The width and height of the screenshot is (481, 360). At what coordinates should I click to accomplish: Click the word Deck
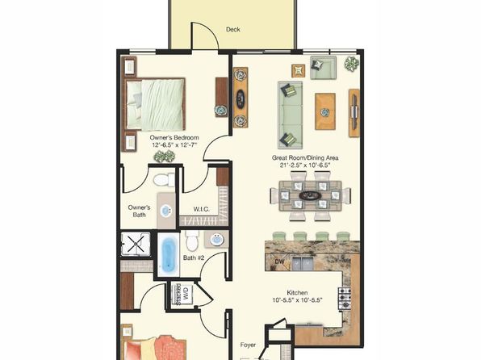click(x=233, y=30)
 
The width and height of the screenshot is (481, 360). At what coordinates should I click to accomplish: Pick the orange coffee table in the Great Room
click(x=324, y=106)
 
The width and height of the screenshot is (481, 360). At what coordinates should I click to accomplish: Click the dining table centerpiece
click(x=307, y=195)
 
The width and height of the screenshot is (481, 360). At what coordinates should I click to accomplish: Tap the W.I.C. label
click(x=202, y=211)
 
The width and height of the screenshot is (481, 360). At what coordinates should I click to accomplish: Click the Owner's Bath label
click(x=139, y=211)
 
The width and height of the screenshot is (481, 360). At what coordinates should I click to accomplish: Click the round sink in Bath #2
click(x=215, y=240)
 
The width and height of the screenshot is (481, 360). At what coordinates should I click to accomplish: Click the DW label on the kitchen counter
click(x=278, y=262)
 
